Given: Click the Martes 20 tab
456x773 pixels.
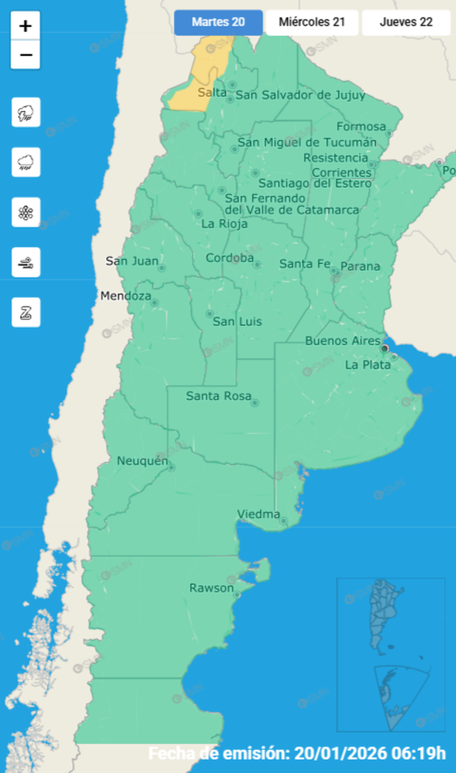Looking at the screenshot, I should (218, 23).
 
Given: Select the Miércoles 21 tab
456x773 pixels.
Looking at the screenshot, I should (312, 23).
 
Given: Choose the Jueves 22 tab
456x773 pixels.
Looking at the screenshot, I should (406, 23).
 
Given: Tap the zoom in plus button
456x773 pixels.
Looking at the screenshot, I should (25, 26).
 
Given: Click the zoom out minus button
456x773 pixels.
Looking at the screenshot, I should (25, 55).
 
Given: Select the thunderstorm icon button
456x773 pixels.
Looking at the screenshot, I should (26, 112).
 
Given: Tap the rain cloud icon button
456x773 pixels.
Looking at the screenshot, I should (26, 162).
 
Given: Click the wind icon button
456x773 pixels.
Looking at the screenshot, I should (26, 262).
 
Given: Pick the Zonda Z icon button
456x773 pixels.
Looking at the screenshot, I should (26, 312).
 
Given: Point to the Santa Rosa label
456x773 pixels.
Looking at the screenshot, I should (219, 396).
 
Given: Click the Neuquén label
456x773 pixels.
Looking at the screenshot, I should (143, 461).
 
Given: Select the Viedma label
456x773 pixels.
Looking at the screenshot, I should (258, 514).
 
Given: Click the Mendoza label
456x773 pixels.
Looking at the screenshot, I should (126, 296).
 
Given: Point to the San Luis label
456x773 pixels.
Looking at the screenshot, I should (237, 322).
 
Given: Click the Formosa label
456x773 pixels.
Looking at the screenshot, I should (361, 127).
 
